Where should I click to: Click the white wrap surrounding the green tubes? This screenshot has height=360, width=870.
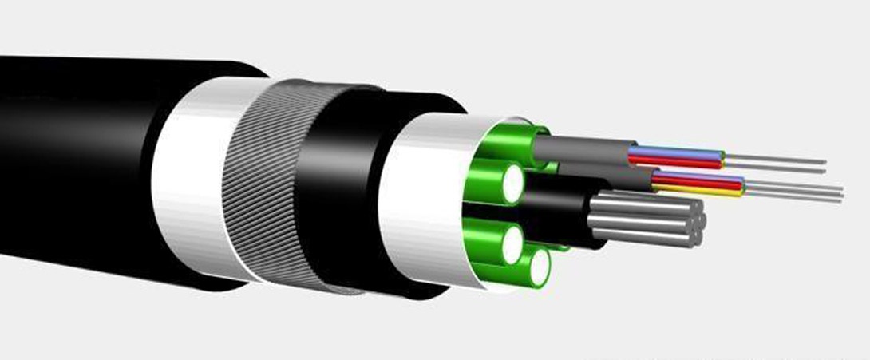tap(415, 200)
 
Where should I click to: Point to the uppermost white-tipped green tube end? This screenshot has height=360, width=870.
tap(512, 183)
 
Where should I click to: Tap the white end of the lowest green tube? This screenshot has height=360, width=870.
tap(540, 267)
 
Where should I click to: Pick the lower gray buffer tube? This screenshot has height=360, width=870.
tap(607, 177)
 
